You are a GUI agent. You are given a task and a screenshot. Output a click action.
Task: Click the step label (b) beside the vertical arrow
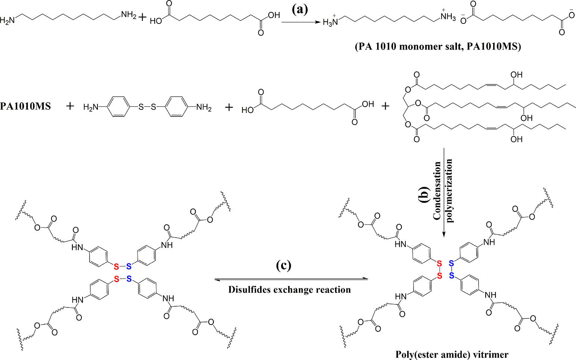coord(424,193)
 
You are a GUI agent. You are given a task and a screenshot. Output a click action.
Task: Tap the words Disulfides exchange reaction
coord(289,290)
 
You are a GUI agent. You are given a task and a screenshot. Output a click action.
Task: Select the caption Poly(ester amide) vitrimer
coord(452,354)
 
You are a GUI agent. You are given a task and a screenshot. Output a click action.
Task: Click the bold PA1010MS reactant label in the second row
coord(25,106)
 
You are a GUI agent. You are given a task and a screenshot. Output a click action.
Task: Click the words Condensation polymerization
coord(443,190)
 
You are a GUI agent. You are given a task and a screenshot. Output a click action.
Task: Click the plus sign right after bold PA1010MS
coord(70,106)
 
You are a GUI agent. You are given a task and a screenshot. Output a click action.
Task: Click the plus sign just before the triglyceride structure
coord(385,106)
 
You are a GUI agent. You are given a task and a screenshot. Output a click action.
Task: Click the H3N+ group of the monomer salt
coord(330,22)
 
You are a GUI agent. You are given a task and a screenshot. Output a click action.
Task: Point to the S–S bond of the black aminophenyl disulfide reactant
coord(147,107)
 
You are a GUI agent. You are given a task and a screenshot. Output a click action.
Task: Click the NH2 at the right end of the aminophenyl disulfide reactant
coord(204,108)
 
